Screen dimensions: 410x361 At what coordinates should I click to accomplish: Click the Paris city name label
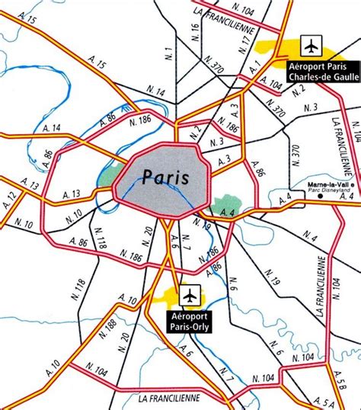(165, 177)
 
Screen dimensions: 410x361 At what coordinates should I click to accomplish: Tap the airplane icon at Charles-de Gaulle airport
(311, 46)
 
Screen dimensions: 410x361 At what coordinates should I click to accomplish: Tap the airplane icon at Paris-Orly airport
(190, 293)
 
